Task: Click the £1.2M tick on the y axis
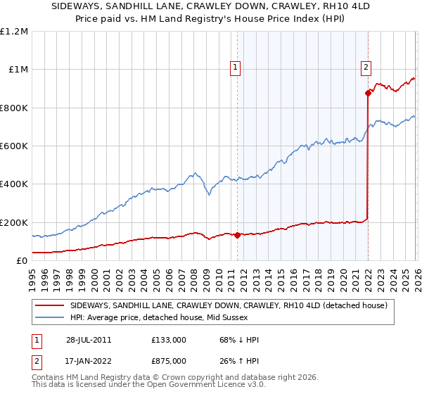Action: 14,32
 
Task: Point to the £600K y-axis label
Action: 14,146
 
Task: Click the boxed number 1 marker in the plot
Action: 234,68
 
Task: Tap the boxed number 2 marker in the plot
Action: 366,68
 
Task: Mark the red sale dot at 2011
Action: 237,235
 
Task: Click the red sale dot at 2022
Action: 368,93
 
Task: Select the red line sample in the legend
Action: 50,305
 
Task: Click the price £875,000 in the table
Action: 169,361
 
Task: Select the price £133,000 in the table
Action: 169,340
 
